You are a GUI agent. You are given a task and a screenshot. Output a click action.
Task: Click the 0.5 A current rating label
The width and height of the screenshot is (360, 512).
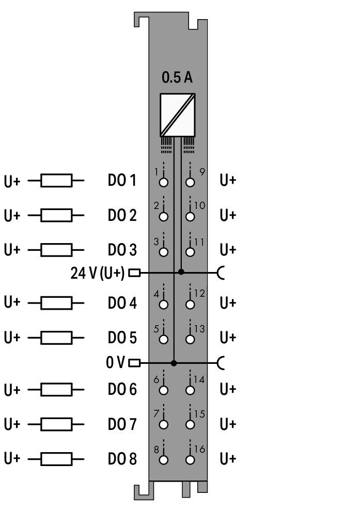pyautogui.click(x=177, y=77)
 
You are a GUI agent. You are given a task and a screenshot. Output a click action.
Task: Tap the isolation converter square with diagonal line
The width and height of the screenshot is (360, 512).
pyautogui.click(x=177, y=115)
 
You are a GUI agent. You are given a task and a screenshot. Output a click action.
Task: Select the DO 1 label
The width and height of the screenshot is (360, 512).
pyautogui.click(x=122, y=180)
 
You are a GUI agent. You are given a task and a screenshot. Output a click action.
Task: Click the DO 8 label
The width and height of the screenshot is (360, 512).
pyautogui.click(x=122, y=459)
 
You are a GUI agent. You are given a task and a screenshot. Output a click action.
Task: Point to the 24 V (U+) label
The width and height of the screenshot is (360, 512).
pyautogui.click(x=97, y=273)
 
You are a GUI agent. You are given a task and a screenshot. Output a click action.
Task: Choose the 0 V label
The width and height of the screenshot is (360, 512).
pyautogui.click(x=115, y=362)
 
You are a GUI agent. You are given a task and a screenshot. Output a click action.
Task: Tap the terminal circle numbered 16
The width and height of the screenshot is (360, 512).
pyautogui.click(x=190, y=460)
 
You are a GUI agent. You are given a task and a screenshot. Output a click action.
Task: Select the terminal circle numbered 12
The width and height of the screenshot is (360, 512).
pyautogui.click(x=190, y=305)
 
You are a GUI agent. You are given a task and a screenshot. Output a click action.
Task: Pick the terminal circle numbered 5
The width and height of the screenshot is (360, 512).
pyautogui.click(x=164, y=340)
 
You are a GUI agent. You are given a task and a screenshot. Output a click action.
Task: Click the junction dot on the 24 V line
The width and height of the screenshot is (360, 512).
pyautogui.click(x=181, y=272)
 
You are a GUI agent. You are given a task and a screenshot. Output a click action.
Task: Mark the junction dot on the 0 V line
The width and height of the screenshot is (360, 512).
pyautogui.click(x=174, y=363)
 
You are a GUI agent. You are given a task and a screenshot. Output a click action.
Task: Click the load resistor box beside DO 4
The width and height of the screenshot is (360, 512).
pyautogui.click(x=56, y=303)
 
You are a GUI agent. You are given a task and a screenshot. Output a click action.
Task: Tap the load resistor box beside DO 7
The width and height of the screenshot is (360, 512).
pyautogui.click(x=56, y=424)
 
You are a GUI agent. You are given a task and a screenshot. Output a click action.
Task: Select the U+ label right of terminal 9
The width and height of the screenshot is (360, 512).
pyautogui.click(x=228, y=180)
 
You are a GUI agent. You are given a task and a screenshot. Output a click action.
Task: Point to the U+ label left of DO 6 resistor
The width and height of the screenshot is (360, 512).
pyautogui.click(x=12, y=390)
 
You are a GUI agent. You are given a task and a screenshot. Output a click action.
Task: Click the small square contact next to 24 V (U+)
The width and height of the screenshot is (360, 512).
pyautogui.click(x=134, y=273)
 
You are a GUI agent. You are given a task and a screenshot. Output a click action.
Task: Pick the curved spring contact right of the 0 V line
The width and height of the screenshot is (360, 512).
pyautogui.click(x=222, y=363)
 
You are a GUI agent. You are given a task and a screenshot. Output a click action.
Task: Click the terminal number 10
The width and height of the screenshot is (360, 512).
pyautogui.click(x=199, y=205)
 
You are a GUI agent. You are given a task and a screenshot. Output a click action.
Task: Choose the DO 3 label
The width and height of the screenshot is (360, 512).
pyautogui.click(x=122, y=250)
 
